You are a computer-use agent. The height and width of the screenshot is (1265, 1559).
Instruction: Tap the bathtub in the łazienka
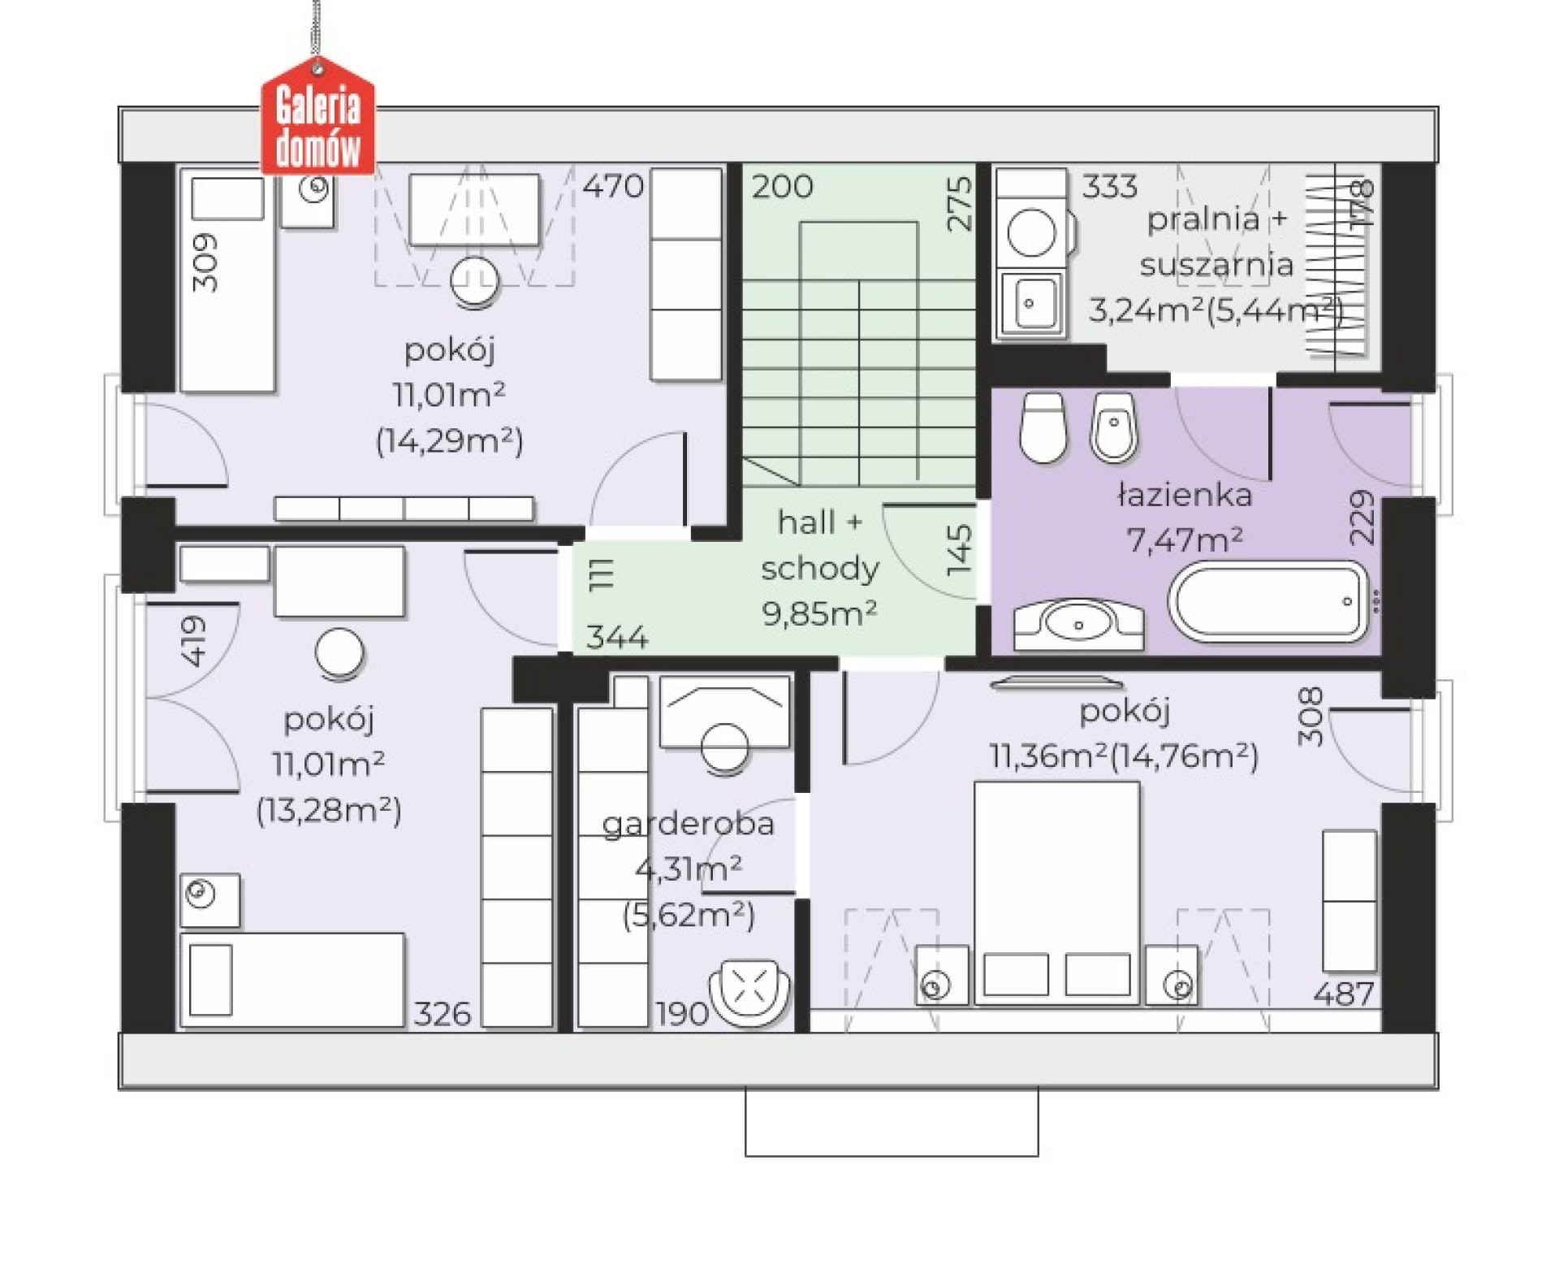coord(1269,600)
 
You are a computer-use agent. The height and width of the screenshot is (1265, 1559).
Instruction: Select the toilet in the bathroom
coord(1043,427)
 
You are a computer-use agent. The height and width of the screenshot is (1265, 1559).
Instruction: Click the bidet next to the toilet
coord(1114,427)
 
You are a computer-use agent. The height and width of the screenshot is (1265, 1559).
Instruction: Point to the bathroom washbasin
coord(1078,625)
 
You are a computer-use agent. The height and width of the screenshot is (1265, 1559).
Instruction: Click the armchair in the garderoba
coord(749,990)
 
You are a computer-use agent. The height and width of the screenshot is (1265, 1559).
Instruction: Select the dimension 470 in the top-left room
coord(613,186)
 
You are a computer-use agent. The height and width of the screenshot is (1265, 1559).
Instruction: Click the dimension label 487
coord(1343,994)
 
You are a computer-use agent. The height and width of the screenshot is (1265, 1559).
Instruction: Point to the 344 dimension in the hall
coord(617,637)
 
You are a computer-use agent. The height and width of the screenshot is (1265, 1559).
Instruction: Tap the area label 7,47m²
coord(1185,538)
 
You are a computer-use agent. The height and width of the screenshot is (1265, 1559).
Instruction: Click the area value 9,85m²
coord(819,613)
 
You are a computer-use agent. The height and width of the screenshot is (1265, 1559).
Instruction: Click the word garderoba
coord(689,825)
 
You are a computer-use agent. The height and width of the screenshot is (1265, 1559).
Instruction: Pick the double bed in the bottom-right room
coord(1056,893)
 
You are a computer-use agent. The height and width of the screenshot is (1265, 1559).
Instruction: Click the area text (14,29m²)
coord(450,441)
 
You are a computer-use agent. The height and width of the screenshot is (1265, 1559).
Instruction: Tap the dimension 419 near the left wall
coord(194,642)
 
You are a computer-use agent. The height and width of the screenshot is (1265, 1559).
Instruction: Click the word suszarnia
coord(1216,264)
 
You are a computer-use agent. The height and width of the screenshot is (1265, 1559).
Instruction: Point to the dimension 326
coord(443,1014)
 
